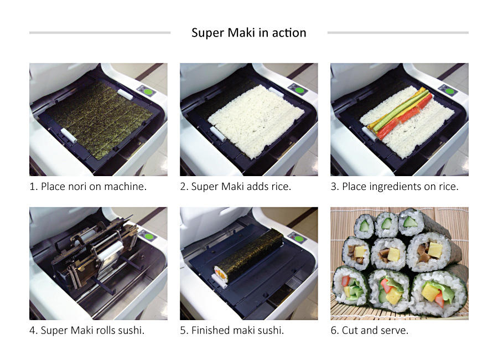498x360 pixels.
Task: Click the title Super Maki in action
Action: coord(248,33)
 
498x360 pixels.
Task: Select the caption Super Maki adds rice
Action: coord(236,187)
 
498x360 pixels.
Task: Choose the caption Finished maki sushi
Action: coord(232,331)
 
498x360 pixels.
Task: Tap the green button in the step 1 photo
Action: coord(149,91)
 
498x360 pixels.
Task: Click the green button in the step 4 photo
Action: coord(149,235)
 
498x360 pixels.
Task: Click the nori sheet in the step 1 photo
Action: coord(97,118)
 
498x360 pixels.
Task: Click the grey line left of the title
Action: coord(100,33)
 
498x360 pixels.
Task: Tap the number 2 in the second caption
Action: coord(183,187)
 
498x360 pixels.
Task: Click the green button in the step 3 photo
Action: coord(450,91)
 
